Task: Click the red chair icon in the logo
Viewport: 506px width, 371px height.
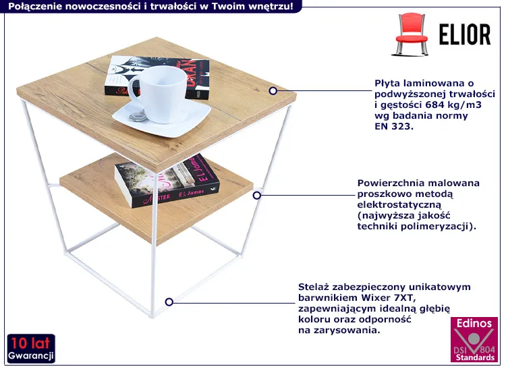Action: click(x=412, y=36)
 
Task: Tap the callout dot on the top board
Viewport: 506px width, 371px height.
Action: click(x=273, y=90)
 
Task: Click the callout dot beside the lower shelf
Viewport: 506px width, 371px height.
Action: click(x=256, y=195)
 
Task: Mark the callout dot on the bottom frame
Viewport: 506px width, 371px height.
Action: click(x=169, y=302)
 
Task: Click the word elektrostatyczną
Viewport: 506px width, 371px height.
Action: click(x=399, y=204)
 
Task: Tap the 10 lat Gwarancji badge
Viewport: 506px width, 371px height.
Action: click(x=31, y=348)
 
